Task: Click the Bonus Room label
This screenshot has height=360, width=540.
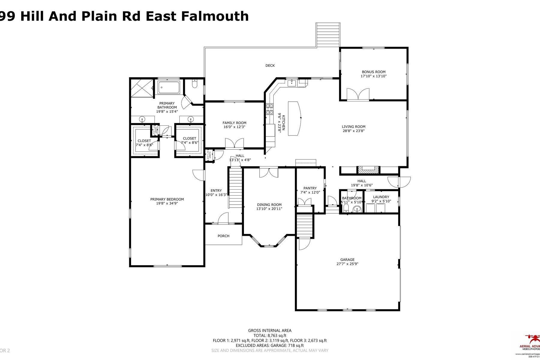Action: click(373, 72)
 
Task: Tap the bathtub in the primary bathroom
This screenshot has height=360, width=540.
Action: click(169, 88)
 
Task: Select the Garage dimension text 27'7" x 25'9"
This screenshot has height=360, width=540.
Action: click(347, 264)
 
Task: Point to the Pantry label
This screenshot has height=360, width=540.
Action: click(310, 188)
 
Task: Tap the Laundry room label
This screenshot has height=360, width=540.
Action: click(381, 197)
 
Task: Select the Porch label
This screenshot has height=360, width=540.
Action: click(223, 236)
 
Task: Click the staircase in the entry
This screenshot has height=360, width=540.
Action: click(235, 187)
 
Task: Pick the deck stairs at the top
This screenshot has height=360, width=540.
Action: click(328, 34)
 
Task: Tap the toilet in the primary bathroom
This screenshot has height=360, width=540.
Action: click(194, 84)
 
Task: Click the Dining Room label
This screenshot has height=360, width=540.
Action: click(269, 205)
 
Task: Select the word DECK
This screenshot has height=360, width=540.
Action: click(270, 65)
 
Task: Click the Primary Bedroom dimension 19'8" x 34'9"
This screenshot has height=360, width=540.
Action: click(167, 203)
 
